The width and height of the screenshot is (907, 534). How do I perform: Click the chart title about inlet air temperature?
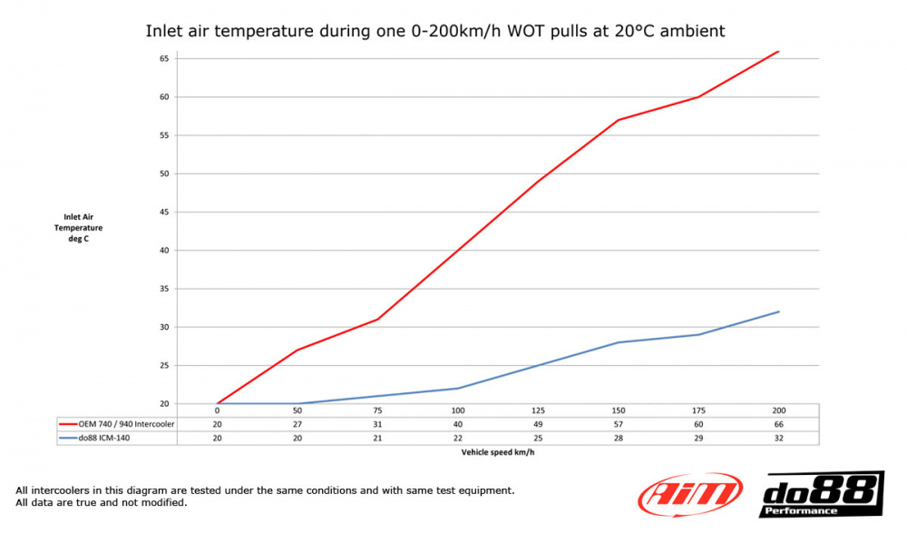435,31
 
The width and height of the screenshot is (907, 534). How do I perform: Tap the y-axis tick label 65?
164,58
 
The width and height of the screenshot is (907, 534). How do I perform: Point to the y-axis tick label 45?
164,212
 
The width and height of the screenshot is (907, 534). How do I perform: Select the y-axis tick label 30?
164,327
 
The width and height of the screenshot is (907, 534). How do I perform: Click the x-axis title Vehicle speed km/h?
498,451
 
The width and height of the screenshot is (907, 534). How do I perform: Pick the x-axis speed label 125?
538,410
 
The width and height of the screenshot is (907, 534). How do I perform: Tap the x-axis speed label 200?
778,410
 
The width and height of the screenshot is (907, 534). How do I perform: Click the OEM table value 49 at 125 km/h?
538,424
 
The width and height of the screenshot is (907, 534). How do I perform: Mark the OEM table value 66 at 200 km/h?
778,424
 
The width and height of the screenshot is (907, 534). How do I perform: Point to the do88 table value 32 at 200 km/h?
778,438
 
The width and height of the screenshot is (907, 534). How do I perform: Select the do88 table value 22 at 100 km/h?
458,438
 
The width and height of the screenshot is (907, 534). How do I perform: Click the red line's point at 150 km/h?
619,120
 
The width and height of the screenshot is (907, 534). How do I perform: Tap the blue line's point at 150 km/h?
619,342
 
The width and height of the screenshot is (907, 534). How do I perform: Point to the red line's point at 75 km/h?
378,319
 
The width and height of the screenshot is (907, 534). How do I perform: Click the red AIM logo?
689,495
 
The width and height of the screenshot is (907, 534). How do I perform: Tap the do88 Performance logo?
821,495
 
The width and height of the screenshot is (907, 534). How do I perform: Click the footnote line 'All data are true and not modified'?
102,503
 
